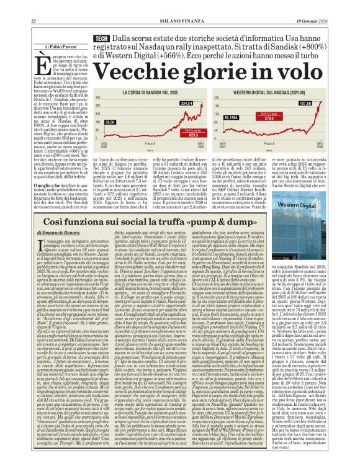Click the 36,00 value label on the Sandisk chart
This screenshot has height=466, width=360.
(x=109, y=123)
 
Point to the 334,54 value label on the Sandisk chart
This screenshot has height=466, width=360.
(x=186, y=102)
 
